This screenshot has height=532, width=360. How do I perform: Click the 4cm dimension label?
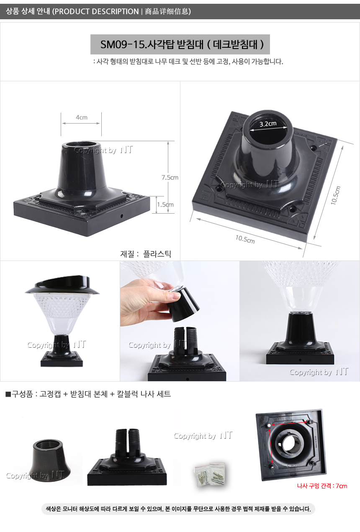click(x=81, y=117)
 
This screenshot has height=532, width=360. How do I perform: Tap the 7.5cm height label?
click(x=170, y=178)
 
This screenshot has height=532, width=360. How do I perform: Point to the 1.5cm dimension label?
click(x=165, y=204)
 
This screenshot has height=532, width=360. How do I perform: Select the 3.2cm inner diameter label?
click(x=267, y=124)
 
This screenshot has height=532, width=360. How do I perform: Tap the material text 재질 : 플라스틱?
click(x=146, y=254)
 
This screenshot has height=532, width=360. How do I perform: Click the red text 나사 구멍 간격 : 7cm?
click(x=322, y=486)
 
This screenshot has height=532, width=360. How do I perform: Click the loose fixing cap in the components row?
click(x=50, y=460)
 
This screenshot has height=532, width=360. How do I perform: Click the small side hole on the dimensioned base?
click(x=121, y=216)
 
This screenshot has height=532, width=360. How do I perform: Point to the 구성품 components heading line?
click(x=88, y=394)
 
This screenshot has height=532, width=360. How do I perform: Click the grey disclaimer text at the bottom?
click(x=178, y=509)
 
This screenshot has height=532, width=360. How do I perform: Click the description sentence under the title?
click(x=188, y=62)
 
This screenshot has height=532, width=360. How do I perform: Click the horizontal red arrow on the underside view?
click(x=289, y=424)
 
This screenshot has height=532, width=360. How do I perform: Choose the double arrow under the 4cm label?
click(x=81, y=123)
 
